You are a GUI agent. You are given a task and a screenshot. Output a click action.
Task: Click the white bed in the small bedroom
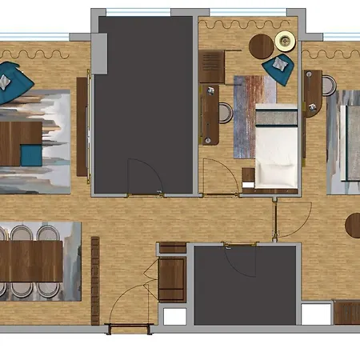[277, 148]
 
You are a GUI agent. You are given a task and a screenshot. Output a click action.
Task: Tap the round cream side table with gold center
[285, 40]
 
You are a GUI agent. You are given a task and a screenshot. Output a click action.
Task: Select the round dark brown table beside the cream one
[262, 46]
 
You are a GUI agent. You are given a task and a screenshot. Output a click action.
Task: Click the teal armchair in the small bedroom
[279, 66]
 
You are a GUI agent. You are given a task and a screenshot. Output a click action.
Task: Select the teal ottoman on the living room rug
[28, 151]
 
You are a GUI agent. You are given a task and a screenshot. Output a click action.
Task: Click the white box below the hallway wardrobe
[174, 316]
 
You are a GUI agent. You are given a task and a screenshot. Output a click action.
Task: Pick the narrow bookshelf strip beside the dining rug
[94, 280]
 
